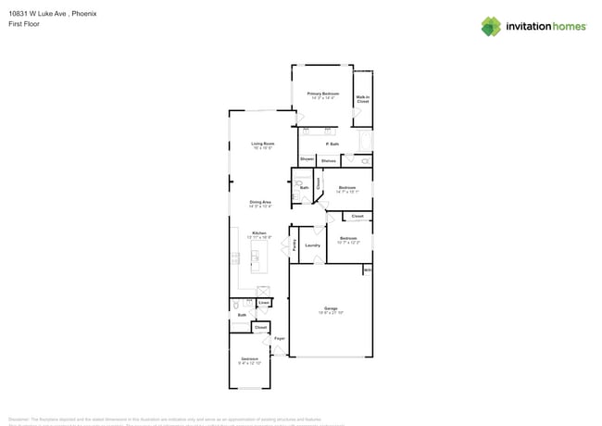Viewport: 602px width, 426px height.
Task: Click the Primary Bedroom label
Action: pyautogui.click(x=323, y=94)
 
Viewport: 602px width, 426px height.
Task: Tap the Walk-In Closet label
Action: pyautogui.click(x=362, y=98)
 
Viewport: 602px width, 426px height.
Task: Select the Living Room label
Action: pyautogui.click(x=263, y=144)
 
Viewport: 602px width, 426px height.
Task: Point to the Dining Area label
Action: pyautogui.click(x=260, y=202)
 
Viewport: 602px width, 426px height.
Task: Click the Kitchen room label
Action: pyautogui.click(x=260, y=232)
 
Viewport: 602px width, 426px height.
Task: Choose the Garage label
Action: pyautogui.click(x=331, y=307)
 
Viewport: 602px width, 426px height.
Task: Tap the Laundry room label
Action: pyautogui.click(x=312, y=245)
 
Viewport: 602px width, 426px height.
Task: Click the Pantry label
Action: pyautogui.click(x=295, y=245)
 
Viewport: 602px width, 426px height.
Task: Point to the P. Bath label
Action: pyautogui.click(x=332, y=144)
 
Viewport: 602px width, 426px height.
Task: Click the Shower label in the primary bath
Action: pyautogui.click(x=307, y=160)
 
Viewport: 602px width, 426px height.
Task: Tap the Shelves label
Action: pyautogui.click(x=328, y=161)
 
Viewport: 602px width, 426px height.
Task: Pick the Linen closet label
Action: pyautogui.click(x=264, y=303)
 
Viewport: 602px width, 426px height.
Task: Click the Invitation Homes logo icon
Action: pyautogui.click(x=491, y=26)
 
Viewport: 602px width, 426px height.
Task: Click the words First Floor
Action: pyautogui.click(x=24, y=24)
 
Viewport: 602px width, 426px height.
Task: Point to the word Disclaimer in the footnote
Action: pyautogui.click(x=20, y=419)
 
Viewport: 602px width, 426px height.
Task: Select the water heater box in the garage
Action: pyautogui.click(x=368, y=270)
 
